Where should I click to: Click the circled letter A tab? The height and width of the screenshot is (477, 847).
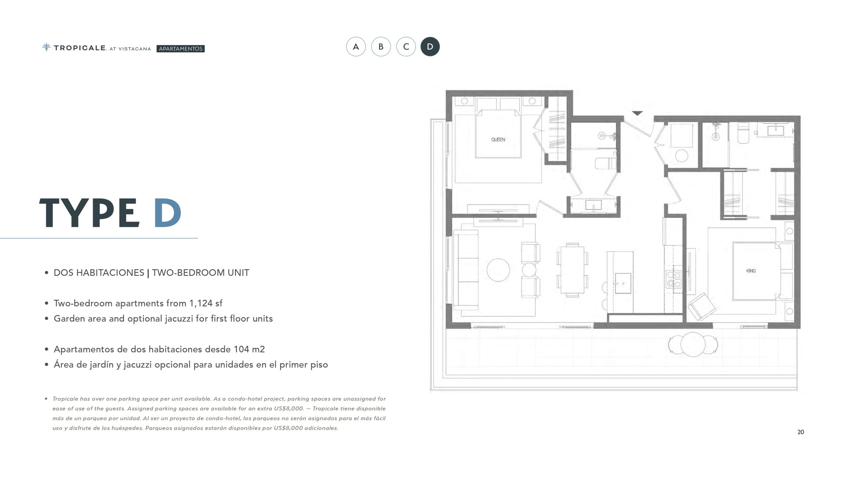coord(356,47)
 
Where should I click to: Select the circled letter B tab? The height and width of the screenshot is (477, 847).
coord(381,47)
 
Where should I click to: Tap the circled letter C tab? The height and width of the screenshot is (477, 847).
coord(406,47)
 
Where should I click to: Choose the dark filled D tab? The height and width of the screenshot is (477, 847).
coord(430,47)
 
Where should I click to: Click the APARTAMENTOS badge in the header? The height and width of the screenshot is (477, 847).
coord(181,49)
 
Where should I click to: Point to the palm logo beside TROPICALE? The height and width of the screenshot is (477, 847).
coord(46,47)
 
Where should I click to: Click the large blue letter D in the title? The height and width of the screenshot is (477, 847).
coord(167,213)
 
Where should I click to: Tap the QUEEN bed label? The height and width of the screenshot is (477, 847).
coord(498,139)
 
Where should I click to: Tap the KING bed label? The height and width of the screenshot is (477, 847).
coord(751,271)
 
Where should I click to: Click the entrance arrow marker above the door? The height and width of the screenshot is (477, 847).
coord(637,113)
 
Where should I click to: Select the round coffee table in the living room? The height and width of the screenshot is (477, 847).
coord(498,270)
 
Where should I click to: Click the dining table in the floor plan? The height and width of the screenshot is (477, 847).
coord(572,270)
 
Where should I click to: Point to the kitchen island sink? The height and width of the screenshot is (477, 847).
coord(623,283)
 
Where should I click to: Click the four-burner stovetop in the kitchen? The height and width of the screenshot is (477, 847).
coord(673,279)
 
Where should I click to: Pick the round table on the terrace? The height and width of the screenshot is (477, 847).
coord(693,344)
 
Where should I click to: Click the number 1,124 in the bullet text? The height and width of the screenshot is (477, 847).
coord(201,303)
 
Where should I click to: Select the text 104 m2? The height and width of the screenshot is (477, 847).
coord(249,349)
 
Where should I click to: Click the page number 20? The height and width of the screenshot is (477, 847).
coord(801,432)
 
